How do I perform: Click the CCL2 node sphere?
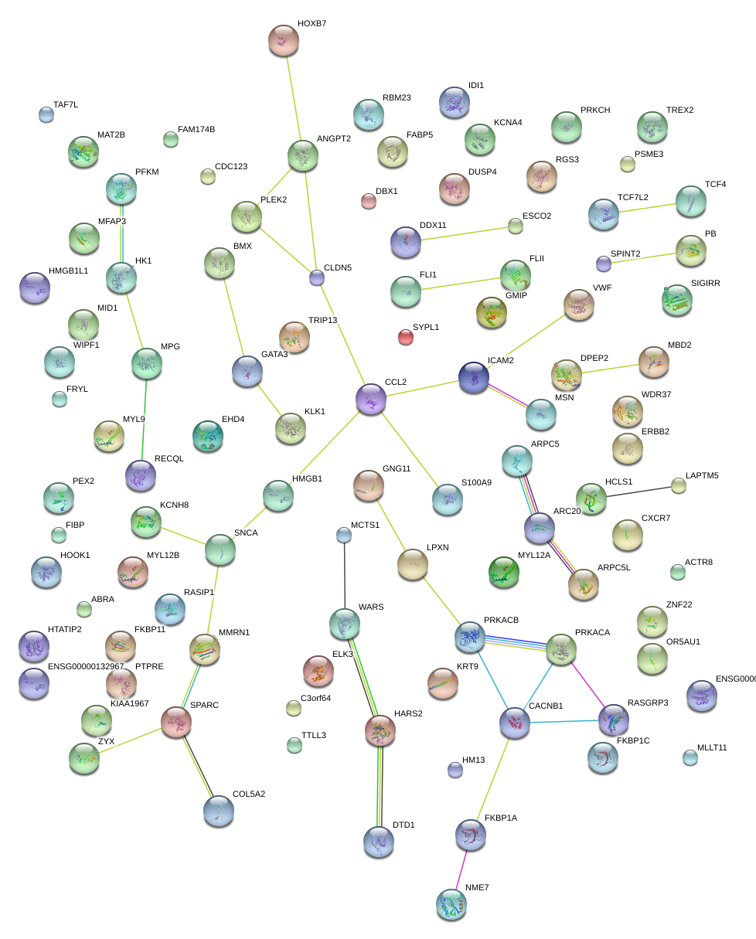coord(371,399)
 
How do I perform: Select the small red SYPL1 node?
coord(406,336)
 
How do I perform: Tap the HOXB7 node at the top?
coord(284,39)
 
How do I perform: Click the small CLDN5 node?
coord(316,277)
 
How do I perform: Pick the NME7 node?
coord(451,904)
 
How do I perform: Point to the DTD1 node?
coord(378,841)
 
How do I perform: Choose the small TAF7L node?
coord(46,115)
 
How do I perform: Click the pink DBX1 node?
coord(369,202)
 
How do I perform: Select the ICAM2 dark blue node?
coord(474,377)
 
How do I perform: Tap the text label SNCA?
coord(245,533)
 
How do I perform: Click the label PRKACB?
coord(501,621)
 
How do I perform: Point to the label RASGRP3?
coord(648,703)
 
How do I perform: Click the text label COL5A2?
coord(248,794)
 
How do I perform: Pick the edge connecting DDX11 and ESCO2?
coord(461,233)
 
